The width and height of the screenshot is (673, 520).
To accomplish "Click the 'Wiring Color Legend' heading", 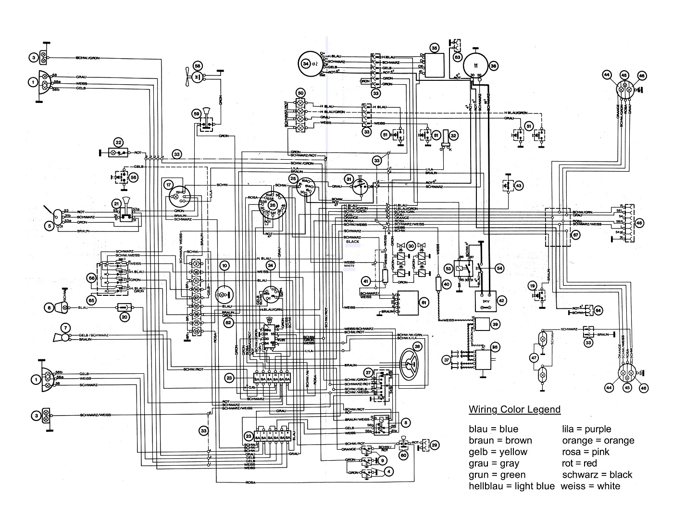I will coord(514,409).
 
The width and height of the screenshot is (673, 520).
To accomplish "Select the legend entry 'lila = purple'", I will coord(586,429).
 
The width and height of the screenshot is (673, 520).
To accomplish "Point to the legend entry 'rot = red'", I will coord(579,463).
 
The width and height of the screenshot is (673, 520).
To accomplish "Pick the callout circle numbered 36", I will coord(493,66).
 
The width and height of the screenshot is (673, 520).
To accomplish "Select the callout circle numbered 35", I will coord(434,48).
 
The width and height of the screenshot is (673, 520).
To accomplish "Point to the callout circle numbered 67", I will coord(575,235).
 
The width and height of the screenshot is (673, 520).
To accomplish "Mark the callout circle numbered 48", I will coord(639,223).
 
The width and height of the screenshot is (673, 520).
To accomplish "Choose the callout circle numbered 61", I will coord(424,303).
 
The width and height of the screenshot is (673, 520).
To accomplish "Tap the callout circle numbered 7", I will coord(63,327).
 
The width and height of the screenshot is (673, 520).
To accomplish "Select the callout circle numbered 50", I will coord(301,93).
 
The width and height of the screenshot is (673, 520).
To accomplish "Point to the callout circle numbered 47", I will coord(534,357).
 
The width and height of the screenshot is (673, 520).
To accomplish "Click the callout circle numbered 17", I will coord(168,185).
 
